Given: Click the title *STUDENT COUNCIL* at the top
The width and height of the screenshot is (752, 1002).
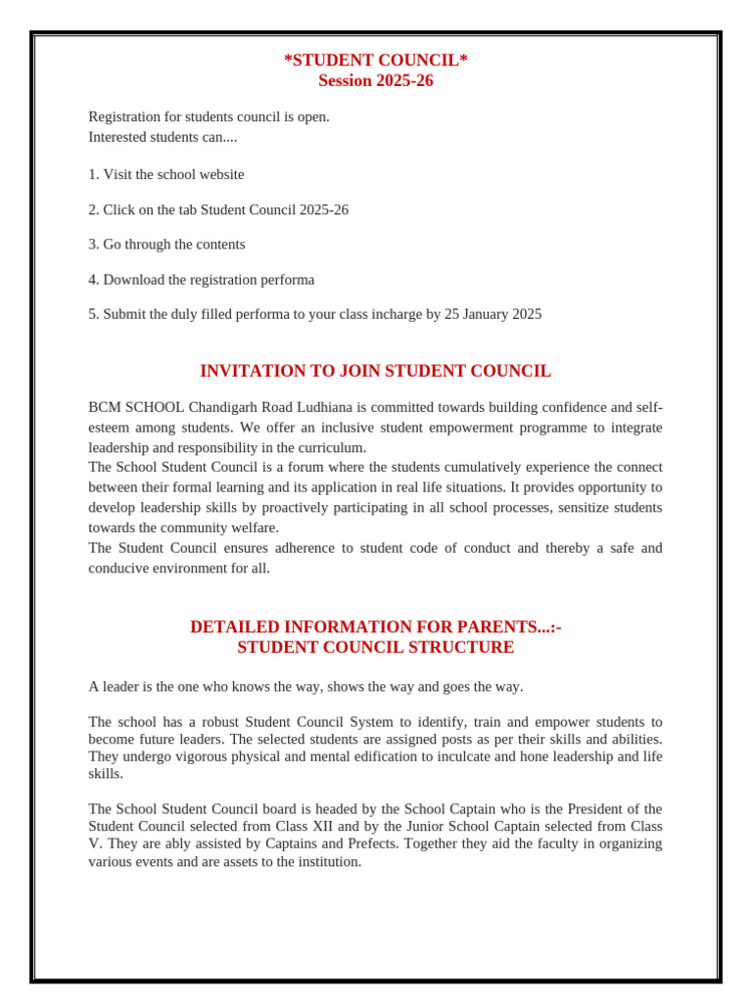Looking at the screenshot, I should point(375,61).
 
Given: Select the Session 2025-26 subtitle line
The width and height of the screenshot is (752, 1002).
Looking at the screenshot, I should point(375,81).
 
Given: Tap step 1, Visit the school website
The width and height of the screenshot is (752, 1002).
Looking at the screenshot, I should point(166,175).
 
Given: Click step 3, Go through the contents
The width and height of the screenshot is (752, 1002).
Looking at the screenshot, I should point(166,245).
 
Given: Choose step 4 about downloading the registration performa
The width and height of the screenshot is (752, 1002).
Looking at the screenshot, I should point(202,280).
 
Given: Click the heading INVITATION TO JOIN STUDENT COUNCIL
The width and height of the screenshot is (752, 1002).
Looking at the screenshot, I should point(375,372).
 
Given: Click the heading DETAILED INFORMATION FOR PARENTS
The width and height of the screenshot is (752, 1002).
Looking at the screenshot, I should point(375,627).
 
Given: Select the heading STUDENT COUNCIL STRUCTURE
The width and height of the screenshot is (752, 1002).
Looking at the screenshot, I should point(375,648).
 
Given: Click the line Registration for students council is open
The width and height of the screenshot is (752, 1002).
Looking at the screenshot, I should point(209,117).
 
